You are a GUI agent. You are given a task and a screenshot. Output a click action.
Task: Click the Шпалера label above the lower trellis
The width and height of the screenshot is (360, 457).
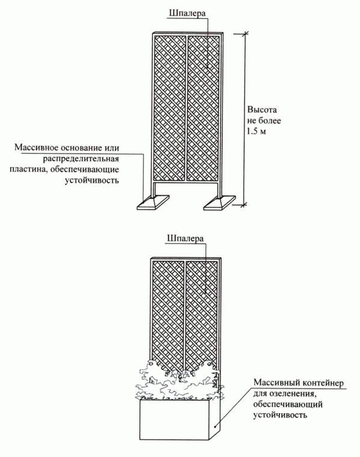[185, 238]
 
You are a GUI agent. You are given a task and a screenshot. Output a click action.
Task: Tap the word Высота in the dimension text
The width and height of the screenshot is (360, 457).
[262, 110]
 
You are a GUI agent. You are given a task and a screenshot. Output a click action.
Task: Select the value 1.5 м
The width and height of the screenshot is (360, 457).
[257, 132]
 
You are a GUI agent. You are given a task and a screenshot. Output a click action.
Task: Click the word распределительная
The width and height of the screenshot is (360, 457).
[81, 159]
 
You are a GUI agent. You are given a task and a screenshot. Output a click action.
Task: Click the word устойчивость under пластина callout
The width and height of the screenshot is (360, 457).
[92, 180]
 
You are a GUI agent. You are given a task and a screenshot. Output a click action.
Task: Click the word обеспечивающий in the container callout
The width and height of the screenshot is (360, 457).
[288, 405]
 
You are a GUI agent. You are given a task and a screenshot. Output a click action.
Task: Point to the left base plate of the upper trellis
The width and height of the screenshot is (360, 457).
[153, 202]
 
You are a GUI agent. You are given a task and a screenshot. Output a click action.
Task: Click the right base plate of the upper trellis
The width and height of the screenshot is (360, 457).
[220, 202]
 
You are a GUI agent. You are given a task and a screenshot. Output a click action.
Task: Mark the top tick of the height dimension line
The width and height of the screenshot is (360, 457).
[245, 34]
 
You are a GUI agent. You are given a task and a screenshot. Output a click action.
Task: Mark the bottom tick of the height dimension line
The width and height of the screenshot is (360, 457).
[245, 205]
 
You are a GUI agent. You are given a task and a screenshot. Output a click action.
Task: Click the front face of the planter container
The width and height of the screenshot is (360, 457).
[174, 420]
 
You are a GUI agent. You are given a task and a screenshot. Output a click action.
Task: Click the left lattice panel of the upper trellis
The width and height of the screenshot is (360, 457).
[170, 108]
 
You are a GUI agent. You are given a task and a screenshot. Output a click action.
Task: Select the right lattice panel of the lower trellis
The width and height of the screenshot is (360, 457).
[201, 313]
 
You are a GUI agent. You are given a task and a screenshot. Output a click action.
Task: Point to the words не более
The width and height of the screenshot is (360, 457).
[264, 121]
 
